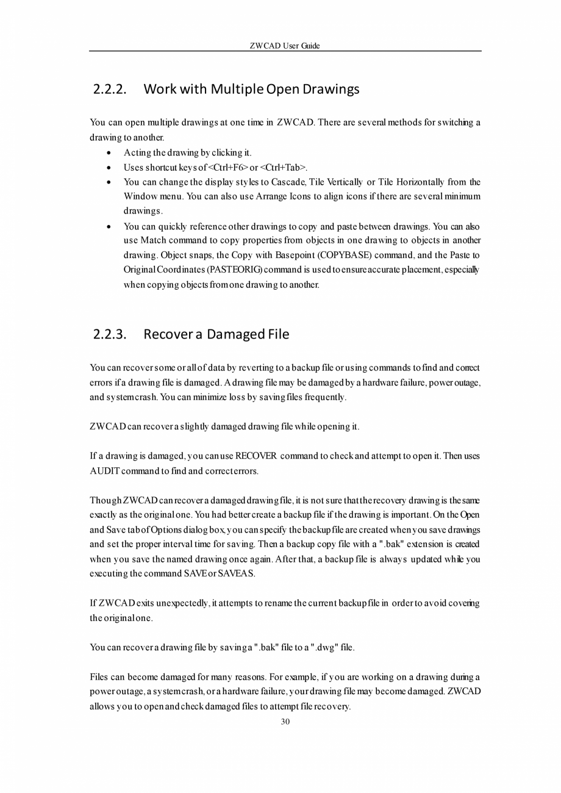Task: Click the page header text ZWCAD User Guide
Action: click(285, 46)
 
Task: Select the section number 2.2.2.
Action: click(110, 90)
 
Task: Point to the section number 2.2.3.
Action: click(110, 335)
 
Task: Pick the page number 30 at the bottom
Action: click(285, 722)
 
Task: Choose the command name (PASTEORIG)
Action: click(237, 270)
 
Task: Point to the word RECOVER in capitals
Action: click(256, 456)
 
